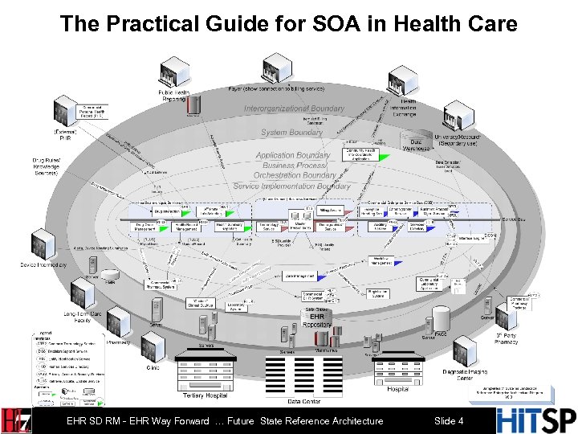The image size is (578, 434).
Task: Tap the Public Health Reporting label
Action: pyautogui.click(x=175, y=96)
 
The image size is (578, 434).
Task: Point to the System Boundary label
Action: pyautogui.click(x=291, y=133)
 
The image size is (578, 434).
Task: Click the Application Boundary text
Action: pyautogui.click(x=293, y=155)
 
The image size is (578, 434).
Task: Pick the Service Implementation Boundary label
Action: pyautogui.click(x=291, y=186)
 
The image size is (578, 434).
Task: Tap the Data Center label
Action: pyautogui.click(x=305, y=401)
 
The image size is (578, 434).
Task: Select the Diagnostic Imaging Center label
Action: pyautogui.click(x=465, y=376)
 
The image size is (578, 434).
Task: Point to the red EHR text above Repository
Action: pyautogui.click(x=317, y=317)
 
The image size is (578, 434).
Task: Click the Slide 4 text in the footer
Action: pyautogui.click(x=448, y=421)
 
